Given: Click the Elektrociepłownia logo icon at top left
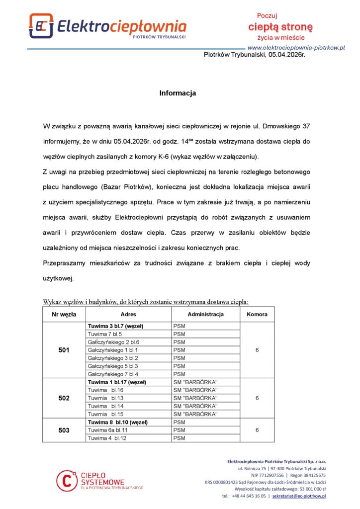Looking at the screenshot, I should [41, 25].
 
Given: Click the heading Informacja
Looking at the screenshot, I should [178, 93].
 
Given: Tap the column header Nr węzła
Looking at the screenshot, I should [64, 314].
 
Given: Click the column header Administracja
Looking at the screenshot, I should [205, 314].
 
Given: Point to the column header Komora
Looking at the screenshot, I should [257, 314].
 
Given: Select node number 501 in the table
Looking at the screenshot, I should [64, 350].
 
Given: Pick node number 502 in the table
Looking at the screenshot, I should [64, 398].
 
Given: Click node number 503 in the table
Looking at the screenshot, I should [64, 430].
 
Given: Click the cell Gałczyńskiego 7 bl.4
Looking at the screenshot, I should [113, 374].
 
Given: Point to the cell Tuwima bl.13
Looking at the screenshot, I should [105, 398].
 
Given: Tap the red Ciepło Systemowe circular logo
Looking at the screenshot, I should [66, 480].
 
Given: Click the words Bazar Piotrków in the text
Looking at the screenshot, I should [127, 187].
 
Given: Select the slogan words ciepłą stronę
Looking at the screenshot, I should [280, 26].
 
